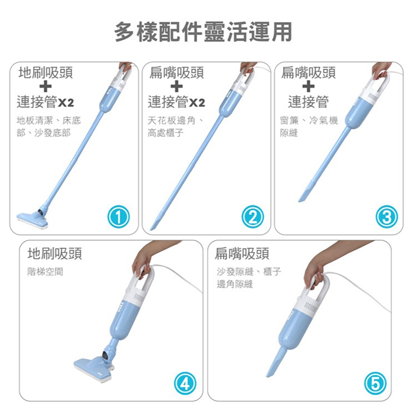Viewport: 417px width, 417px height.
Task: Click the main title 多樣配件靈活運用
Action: click(203, 32)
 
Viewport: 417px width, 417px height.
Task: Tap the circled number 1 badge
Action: click(119, 217)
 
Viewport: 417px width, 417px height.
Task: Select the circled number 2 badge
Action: click(253, 217)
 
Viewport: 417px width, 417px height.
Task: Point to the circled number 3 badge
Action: click(387, 217)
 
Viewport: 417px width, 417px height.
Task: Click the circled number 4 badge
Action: click(185, 383)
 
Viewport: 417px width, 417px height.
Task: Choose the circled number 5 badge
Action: click(375, 383)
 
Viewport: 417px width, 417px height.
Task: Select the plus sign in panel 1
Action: click(46, 87)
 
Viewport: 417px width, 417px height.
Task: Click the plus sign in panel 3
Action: click(308, 87)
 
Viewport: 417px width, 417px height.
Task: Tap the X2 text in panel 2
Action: click(197, 102)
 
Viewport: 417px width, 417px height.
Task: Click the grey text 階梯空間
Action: click(45, 272)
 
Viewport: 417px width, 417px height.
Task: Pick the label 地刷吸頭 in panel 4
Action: click(55, 254)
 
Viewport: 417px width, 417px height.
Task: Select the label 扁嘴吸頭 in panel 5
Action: click(242, 254)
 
